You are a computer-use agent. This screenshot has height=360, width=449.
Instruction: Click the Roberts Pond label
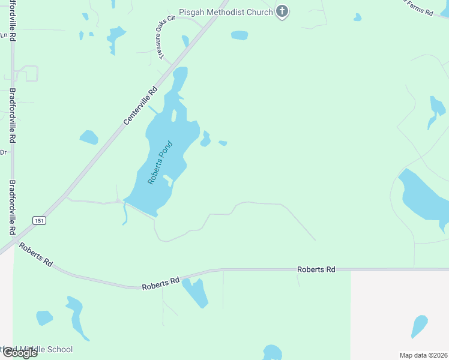coord(160,162)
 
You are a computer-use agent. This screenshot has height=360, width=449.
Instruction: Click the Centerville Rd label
coord(140,106)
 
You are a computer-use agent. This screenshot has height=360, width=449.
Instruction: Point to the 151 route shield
coord(39,220)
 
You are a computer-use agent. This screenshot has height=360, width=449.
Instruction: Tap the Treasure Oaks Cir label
coord(166,37)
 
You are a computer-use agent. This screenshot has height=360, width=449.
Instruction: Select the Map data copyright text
coord(423,355)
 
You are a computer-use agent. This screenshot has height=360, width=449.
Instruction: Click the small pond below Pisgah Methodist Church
coord(239,35)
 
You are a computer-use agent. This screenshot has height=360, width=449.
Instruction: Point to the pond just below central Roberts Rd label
coord(195,292)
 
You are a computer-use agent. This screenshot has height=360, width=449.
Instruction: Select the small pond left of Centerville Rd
coord(89,137)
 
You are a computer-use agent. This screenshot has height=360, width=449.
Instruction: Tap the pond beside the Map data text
coord(420,326)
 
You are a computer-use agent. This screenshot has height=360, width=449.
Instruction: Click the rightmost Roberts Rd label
coord(316,270)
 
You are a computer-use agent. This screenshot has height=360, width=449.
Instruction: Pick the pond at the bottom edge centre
coord(272,352)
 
